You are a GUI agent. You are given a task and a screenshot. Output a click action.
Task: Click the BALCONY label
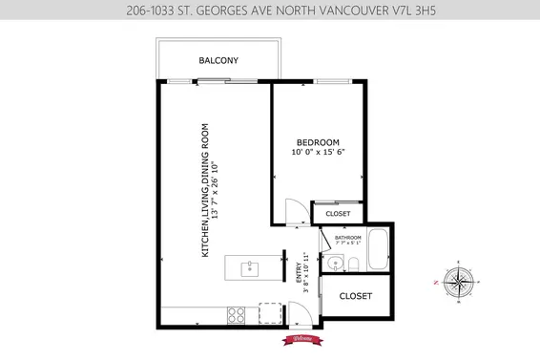point(218,61)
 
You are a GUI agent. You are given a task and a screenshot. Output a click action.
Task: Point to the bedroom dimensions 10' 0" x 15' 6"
point(318,152)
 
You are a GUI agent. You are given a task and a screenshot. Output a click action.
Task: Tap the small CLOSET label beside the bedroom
point(338,214)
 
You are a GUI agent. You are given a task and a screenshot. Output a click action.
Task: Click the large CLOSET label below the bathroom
point(356,296)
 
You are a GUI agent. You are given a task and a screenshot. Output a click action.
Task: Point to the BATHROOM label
point(347,238)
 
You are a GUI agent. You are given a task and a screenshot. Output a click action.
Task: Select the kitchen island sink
point(250,267)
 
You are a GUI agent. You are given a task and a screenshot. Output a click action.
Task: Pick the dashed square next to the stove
point(270,313)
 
